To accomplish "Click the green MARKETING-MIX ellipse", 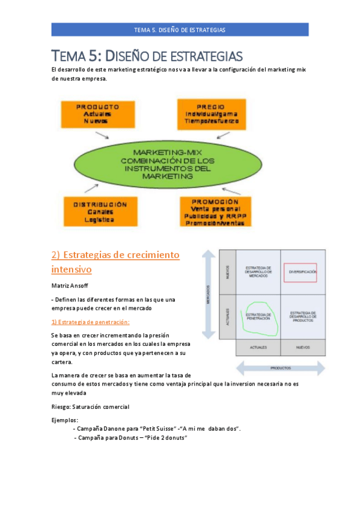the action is pyautogui.click(x=168, y=164).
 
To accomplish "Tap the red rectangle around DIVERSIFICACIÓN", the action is pyautogui.click(x=303, y=272).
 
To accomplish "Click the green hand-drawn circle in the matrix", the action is pyautogui.click(x=258, y=316).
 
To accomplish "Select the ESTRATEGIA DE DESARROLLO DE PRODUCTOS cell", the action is pyautogui.click(x=303, y=316).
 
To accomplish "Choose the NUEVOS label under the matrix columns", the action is pyautogui.click(x=303, y=347).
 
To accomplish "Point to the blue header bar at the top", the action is pyautogui.click(x=180, y=29).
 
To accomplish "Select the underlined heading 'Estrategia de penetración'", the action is pyautogui.click(x=90, y=322).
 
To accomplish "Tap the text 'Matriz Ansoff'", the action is pyautogui.click(x=69, y=286).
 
